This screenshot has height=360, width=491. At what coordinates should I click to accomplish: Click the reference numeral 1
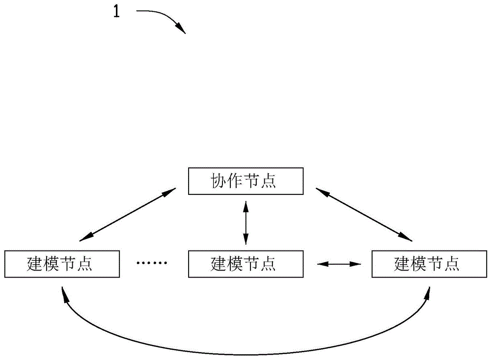pos(116,12)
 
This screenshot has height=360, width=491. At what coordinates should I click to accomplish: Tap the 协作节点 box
pos(245,181)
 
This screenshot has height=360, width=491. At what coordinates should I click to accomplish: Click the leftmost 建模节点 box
pos(62,263)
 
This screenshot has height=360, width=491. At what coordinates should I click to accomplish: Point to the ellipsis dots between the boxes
pos(152,263)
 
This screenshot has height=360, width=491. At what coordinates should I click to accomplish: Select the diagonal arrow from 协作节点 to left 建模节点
pos(127,215)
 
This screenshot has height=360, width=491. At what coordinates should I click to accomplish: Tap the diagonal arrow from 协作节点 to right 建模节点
pos(364,215)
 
